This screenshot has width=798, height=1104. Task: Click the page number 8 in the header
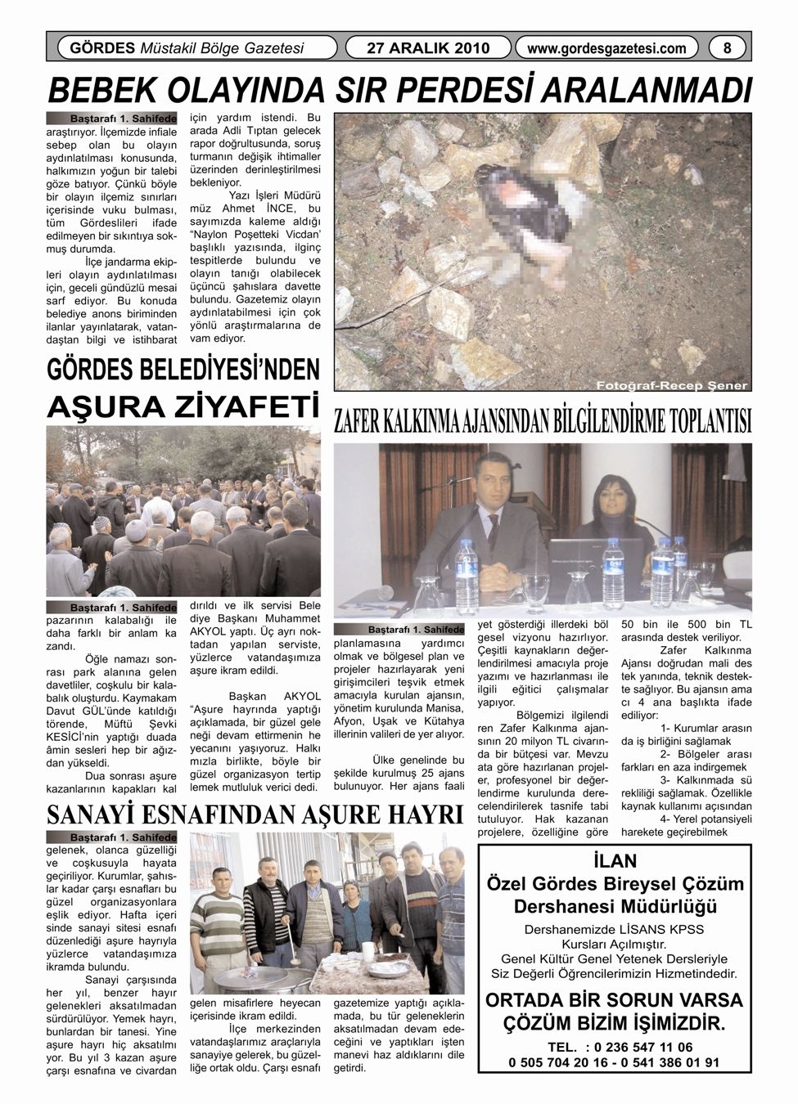point(726,48)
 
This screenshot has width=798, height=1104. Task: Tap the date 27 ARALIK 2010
point(428,48)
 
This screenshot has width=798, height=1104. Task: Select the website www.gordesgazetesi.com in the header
point(606,48)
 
